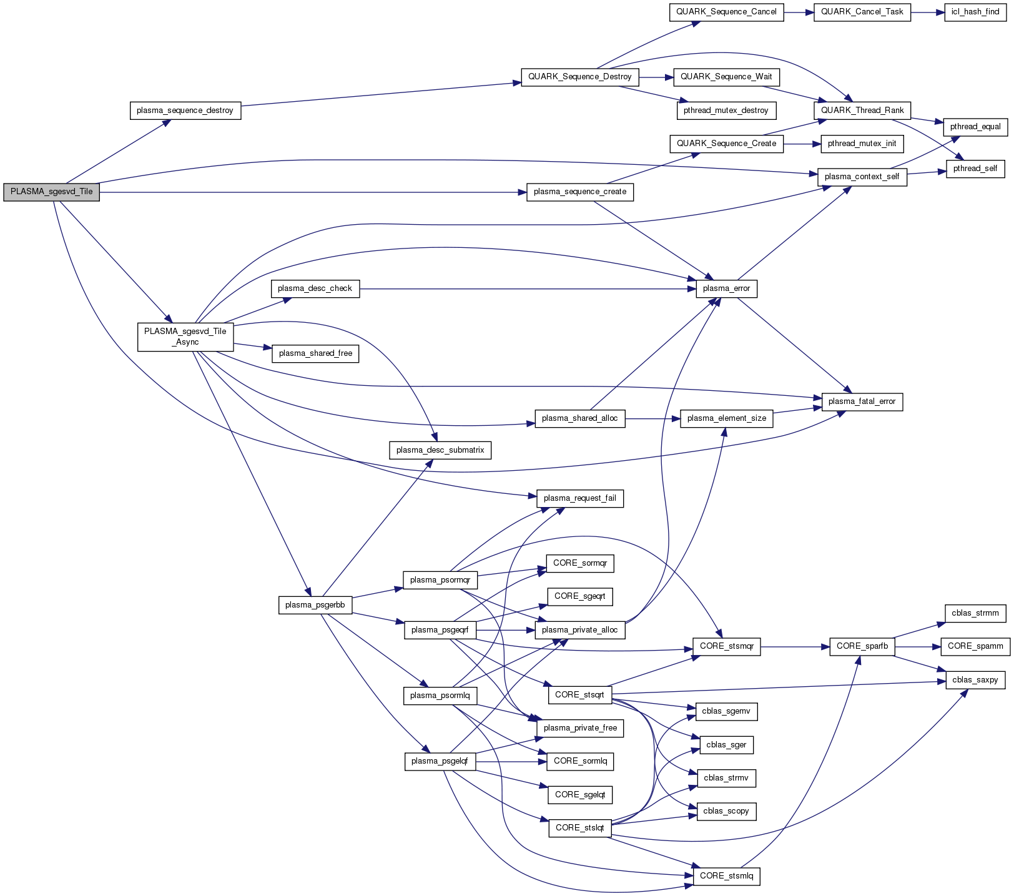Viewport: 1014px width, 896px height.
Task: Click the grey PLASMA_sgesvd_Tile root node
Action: tap(51, 192)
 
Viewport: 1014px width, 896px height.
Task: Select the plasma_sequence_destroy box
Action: tap(185, 111)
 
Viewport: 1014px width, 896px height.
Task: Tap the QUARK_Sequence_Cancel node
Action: tap(726, 12)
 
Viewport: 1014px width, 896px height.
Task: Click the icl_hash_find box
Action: tap(975, 12)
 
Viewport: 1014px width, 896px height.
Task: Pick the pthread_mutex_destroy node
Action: tap(726, 111)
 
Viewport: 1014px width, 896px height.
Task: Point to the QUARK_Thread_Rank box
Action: tap(862, 111)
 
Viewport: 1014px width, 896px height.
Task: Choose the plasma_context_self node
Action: tap(862, 177)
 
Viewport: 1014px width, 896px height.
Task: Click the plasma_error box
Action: tap(726, 289)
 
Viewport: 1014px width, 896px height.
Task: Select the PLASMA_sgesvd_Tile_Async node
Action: tap(185, 337)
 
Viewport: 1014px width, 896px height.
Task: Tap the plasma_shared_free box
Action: tap(315, 354)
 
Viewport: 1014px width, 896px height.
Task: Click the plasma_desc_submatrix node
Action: tap(440, 451)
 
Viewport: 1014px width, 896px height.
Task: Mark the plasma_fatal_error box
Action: tap(862, 402)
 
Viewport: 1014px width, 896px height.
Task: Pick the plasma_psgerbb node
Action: tap(315, 606)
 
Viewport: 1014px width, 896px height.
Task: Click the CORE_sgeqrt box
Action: tap(579, 597)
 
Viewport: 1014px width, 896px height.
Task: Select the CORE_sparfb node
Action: tap(862, 647)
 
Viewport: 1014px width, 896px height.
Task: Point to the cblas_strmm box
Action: tap(975, 614)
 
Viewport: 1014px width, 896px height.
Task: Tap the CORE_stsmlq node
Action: tap(726, 877)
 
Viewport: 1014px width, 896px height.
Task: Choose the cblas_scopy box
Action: tap(726, 812)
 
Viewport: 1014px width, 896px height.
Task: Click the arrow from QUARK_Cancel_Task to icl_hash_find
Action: tap(927, 12)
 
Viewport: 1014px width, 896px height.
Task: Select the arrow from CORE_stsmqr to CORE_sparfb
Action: tap(795, 647)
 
